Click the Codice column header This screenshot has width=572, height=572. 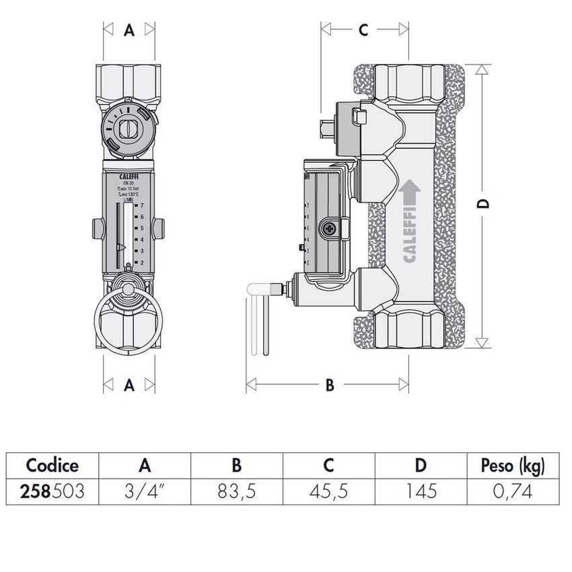pos(52,466)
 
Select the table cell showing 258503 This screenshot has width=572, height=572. pos(52,491)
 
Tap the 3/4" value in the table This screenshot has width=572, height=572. pos(145,491)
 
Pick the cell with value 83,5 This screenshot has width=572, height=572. pos(237,491)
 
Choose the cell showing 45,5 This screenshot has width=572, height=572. pos(328,491)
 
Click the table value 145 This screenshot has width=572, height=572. pos(421,491)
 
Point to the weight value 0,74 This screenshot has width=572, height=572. pos(513,491)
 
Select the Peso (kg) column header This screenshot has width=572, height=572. pos(513,466)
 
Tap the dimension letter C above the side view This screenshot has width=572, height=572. pos(363,30)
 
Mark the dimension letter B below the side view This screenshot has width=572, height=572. pos(330,385)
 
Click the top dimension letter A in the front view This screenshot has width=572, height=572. pos(130,30)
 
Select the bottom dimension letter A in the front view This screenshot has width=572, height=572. pos(130,385)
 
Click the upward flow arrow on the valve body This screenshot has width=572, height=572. pos(409,193)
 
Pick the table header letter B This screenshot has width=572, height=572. pos(237,466)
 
